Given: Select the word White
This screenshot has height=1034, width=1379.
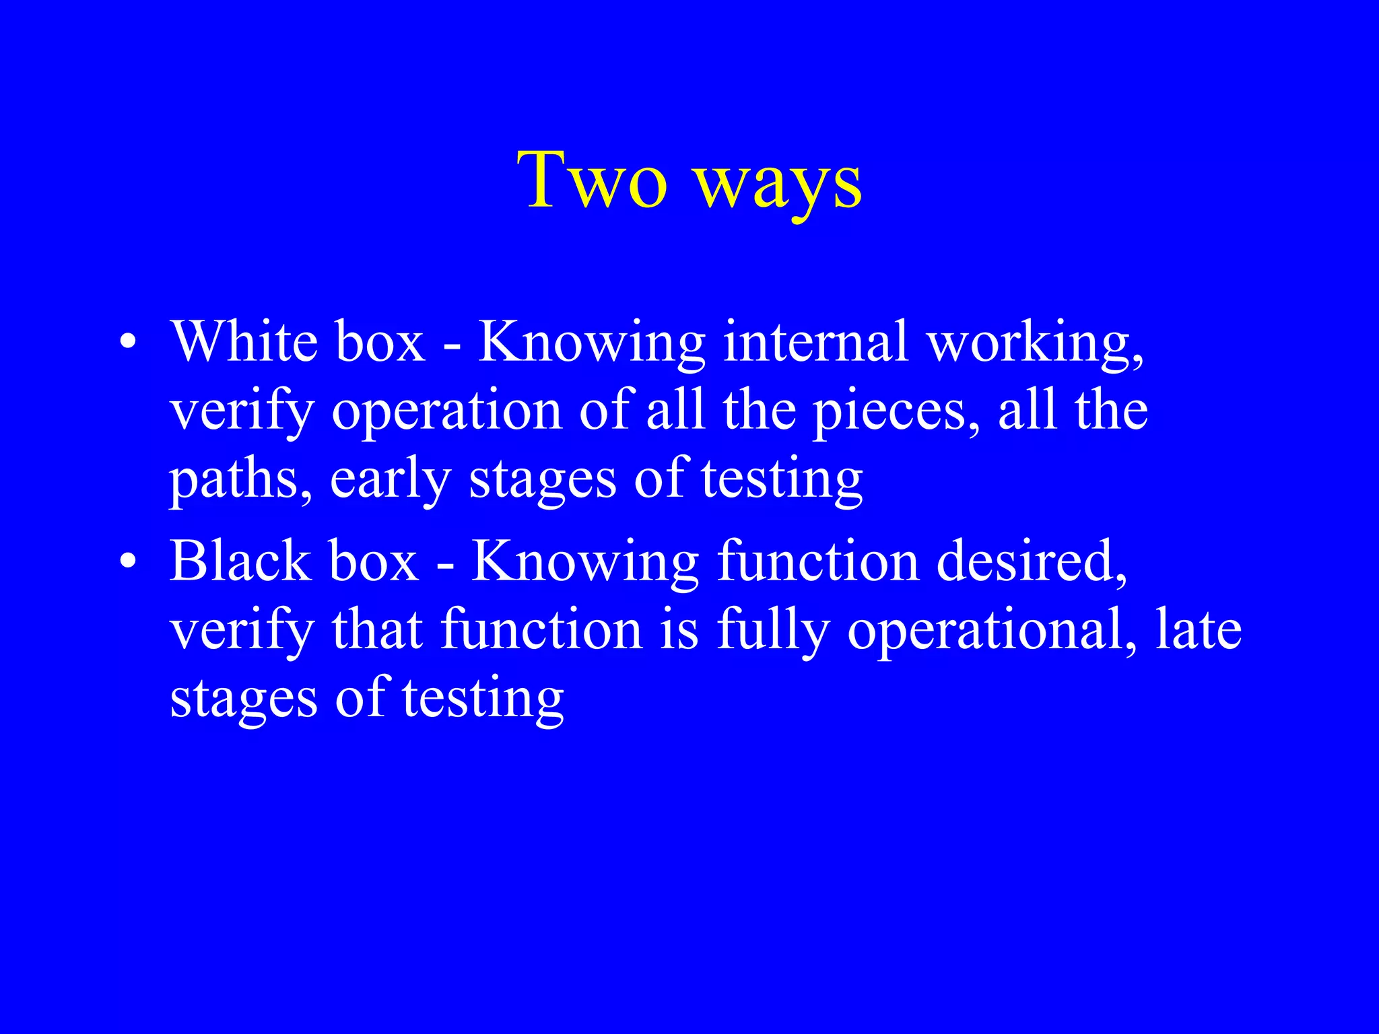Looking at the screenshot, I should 244,341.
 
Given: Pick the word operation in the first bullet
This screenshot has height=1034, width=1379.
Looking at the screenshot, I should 446,412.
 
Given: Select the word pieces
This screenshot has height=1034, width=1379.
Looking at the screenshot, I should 896,412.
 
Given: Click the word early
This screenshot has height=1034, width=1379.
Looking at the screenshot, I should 391,481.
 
